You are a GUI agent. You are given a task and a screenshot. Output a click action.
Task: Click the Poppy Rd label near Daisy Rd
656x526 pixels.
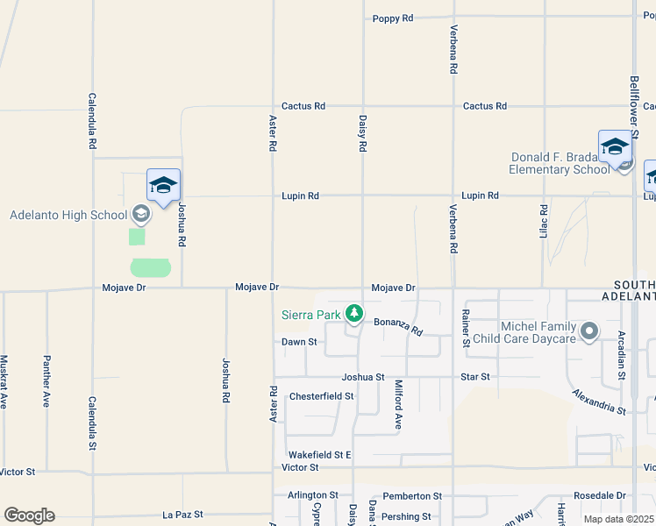[x=392, y=18]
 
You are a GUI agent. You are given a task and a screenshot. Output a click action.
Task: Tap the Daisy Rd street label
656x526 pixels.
[x=362, y=132]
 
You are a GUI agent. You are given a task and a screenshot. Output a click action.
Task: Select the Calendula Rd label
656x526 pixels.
[x=92, y=122]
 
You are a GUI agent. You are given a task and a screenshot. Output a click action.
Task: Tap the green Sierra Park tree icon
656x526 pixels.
[x=354, y=313]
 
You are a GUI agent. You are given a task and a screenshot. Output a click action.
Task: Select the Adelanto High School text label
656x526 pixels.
[x=68, y=215]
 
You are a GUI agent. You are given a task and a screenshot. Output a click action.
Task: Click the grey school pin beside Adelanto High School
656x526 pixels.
[x=140, y=214]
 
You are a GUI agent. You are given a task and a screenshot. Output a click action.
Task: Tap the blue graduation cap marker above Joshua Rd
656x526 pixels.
[x=164, y=186]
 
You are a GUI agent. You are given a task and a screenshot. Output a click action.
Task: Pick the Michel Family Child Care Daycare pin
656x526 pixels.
[x=588, y=332]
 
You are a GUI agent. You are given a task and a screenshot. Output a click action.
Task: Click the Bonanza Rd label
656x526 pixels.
[x=398, y=327]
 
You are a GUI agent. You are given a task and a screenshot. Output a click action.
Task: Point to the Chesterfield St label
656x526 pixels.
[x=321, y=396]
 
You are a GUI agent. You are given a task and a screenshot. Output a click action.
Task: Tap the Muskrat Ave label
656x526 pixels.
[x=4, y=382]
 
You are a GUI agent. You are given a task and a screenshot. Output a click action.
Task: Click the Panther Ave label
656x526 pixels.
[x=47, y=382]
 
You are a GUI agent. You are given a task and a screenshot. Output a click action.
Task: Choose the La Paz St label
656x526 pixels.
[x=182, y=515]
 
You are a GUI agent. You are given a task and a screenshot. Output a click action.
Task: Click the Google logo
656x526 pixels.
[x=29, y=515]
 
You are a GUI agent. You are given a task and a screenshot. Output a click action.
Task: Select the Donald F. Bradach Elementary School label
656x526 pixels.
[x=560, y=163]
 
